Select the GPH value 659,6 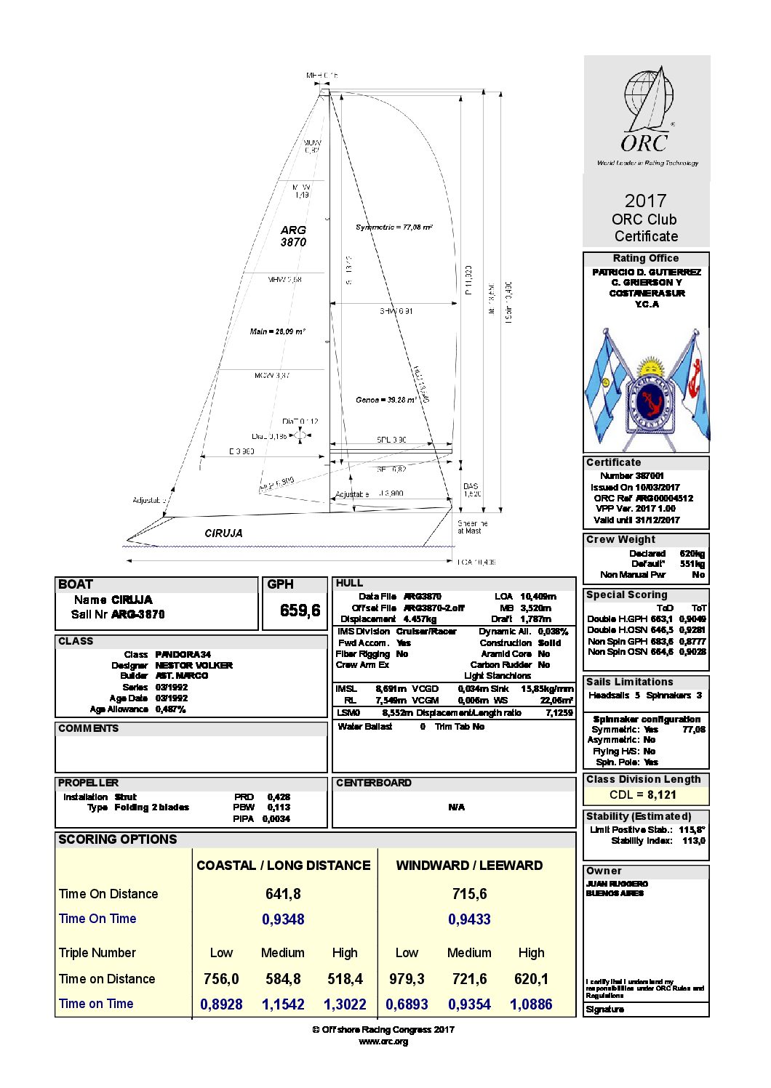pos(300,611)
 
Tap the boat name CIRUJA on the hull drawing pos(223,533)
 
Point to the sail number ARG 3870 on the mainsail pos(293,236)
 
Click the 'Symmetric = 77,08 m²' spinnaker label pos(394,227)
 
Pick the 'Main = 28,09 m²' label pos(277,331)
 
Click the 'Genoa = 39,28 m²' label pos(386,400)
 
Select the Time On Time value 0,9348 pos(283,919)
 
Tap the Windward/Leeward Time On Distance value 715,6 pos(469,894)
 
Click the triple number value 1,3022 pos(345,1004)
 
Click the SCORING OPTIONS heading pos(118,839)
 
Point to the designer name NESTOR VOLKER pos(193,665)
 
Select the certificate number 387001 pos(642,476)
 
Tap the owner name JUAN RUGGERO pos(617,884)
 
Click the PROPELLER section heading pos(88,783)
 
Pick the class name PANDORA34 pos(183,654)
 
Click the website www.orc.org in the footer pos(383,1041)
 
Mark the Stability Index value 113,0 pos(693,841)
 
